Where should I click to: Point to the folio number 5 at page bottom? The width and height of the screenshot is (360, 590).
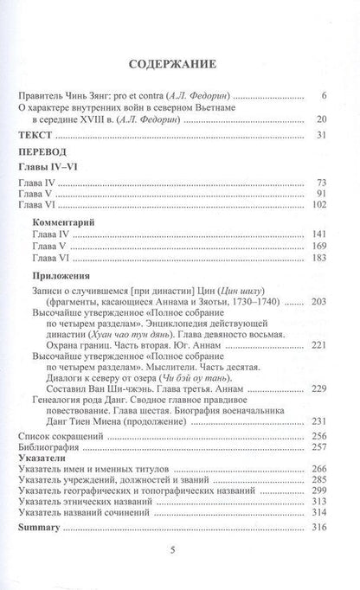click(180, 583)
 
